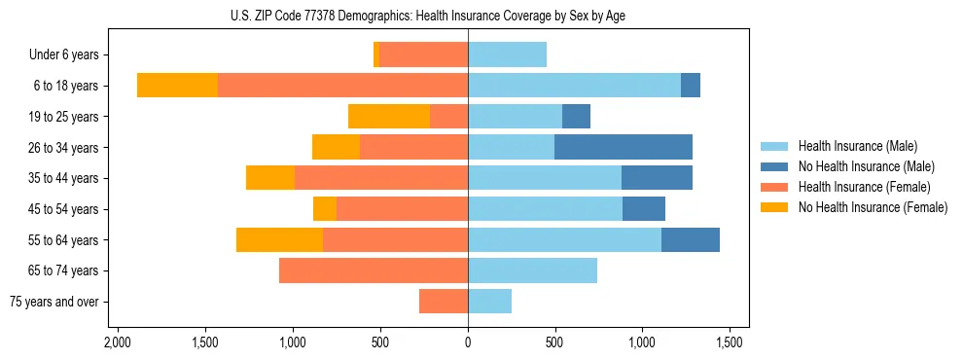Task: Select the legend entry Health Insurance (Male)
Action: pyautogui.click(x=857, y=146)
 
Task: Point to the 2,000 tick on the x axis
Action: pyautogui.click(x=118, y=342)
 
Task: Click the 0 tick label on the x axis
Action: pyautogui.click(x=468, y=342)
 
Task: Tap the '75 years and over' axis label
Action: pyautogui.click(x=54, y=302)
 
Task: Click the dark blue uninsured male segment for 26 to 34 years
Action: pyautogui.click(x=623, y=147)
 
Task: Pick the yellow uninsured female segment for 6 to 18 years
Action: pyautogui.click(x=177, y=86)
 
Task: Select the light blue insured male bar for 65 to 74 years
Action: pyautogui.click(x=532, y=270)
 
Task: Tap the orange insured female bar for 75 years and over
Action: pyautogui.click(x=444, y=302)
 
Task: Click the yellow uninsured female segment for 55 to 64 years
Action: pyautogui.click(x=279, y=239)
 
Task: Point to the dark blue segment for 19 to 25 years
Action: pyautogui.click(x=576, y=117)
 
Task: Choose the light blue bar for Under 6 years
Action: pyautogui.click(x=507, y=55)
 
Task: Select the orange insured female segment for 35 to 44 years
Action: pyautogui.click(x=381, y=178)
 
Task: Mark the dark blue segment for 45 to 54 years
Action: pyautogui.click(x=644, y=209)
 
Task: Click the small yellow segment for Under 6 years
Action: pyautogui.click(x=376, y=55)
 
